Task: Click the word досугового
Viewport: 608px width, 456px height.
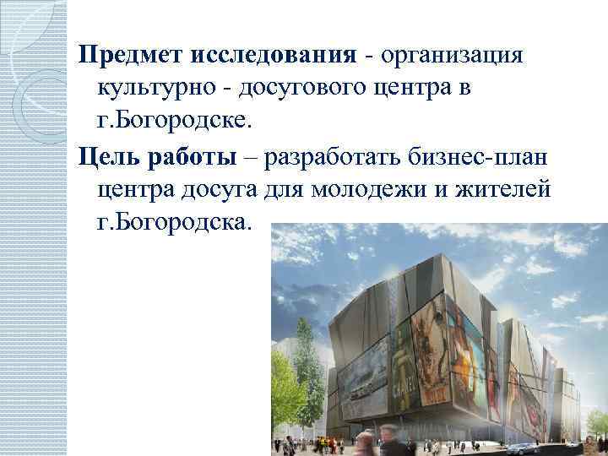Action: pos(310,87)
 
